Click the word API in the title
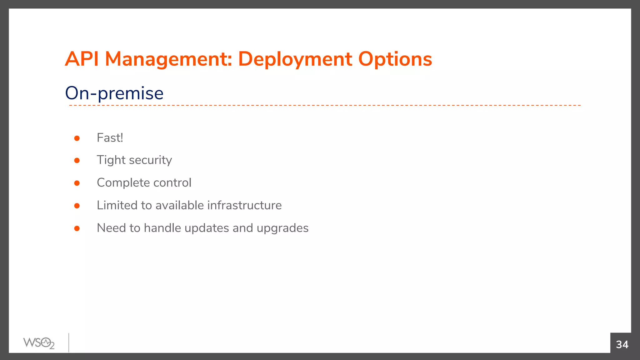click(82, 59)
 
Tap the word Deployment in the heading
click(295, 59)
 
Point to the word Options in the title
click(395, 59)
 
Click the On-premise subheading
click(114, 93)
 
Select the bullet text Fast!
click(110, 138)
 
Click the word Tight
click(111, 160)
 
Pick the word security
click(151, 160)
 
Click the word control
click(172, 183)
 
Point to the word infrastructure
click(244, 205)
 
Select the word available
click(180, 205)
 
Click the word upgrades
click(282, 228)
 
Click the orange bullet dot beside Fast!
click(77, 138)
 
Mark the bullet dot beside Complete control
click(77, 183)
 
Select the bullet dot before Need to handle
click(77, 228)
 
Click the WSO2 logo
click(39, 343)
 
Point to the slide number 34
click(622, 344)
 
